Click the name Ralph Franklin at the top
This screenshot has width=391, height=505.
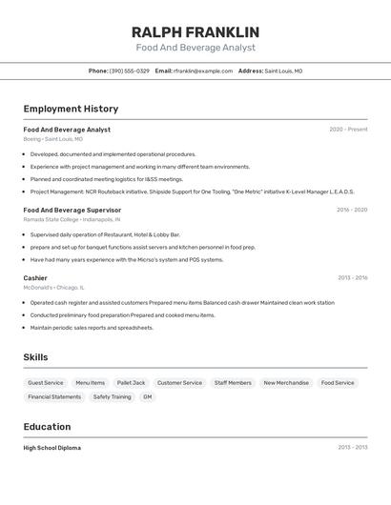click(x=195, y=31)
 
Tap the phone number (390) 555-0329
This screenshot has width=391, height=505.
click(x=129, y=71)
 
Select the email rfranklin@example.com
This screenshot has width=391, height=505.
click(x=203, y=71)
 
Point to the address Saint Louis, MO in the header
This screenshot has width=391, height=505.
click(x=283, y=71)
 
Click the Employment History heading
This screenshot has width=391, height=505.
click(x=71, y=109)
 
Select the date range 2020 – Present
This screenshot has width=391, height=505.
click(x=348, y=130)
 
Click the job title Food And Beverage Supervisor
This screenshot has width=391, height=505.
click(x=72, y=210)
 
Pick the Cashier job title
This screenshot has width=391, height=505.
click(x=35, y=278)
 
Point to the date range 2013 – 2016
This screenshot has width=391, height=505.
click(x=352, y=278)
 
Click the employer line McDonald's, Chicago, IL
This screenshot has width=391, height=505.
click(x=54, y=287)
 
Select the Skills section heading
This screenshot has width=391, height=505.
click(x=35, y=357)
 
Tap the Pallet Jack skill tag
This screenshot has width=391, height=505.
click(x=131, y=383)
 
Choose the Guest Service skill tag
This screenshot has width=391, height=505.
click(x=46, y=383)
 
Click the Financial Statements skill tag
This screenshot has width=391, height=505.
click(x=54, y=396)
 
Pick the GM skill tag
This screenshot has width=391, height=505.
click(x=148, y=396)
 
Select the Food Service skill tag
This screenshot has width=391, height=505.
click(x=338, y=383)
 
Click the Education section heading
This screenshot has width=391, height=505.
click(x=47, y=427)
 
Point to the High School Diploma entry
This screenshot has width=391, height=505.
click(x=52, y=448)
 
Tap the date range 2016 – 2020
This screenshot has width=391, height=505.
click(x=352, y=210)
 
